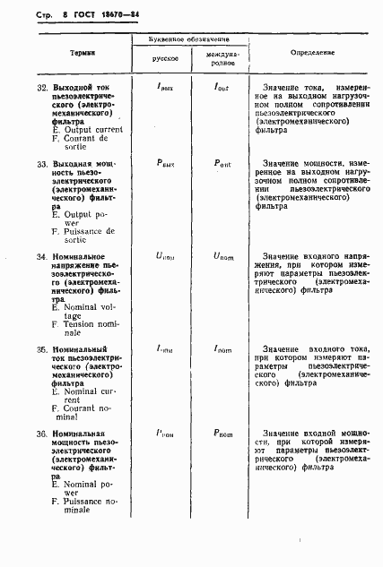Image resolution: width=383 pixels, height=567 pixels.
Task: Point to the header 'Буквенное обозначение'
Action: click(x=191, y=41)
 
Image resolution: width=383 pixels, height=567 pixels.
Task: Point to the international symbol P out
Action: click(x=222, y=164)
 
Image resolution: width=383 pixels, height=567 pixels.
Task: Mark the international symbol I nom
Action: click(x=222, y=348)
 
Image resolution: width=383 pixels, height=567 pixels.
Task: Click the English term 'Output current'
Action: click(x=90, y=130)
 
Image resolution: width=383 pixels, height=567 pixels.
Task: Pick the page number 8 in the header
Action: click(x=42, y=15)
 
